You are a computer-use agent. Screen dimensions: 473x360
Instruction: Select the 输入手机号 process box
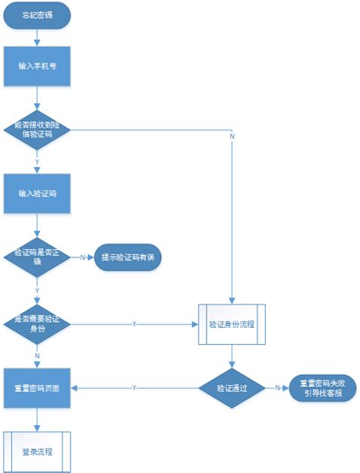click(x=38, y=66)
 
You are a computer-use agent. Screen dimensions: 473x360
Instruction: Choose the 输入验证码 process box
click(x=38, y=193)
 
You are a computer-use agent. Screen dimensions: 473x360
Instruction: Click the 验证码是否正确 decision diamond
click(x=38, y=257)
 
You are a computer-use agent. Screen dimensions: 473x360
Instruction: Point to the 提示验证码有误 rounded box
click(x=127, y=257)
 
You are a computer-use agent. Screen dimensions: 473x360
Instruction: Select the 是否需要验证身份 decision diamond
click(x=38, y=323)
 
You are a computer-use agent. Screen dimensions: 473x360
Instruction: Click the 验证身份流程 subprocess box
click(x=232, y=323)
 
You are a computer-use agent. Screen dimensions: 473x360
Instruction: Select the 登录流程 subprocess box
click(x=38, y=451)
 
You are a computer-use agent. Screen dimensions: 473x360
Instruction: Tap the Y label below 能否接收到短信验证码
click(x=38, y=162)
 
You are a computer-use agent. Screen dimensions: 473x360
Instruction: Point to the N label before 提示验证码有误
click(x=82, y=257)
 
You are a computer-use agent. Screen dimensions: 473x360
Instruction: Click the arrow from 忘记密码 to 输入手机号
click(x=38, y=38)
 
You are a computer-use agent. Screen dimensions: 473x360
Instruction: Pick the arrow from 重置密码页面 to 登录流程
click(x=38, y=419)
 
